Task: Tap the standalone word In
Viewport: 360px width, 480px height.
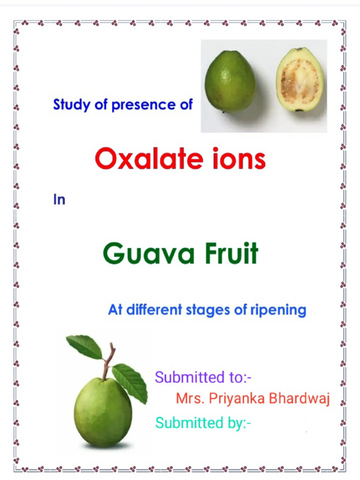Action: (x=59, y=200)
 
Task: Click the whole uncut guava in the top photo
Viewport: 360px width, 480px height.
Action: (x=230, y=81)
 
